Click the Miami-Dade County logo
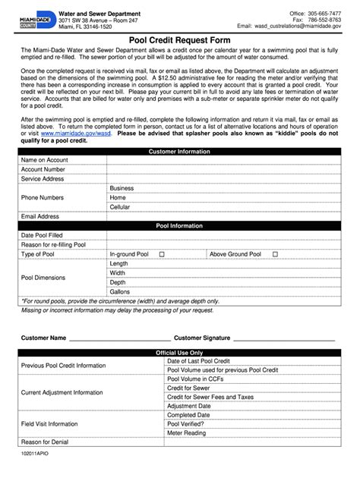(x=35, y=21)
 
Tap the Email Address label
(x=40, y=216)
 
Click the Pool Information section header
(x=179, y=226)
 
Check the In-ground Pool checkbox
(x=162, y=254)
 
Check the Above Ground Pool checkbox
(x=275, y=254)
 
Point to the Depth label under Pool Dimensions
(x=118, y=281)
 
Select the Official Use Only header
(x=179, y=353)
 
